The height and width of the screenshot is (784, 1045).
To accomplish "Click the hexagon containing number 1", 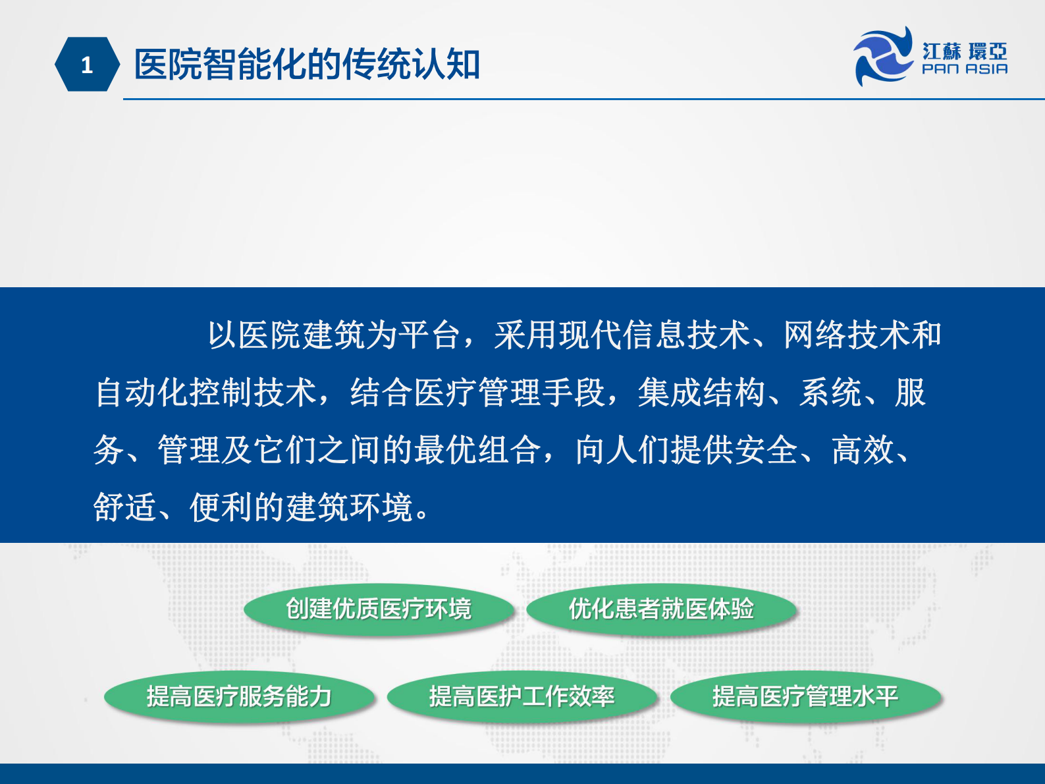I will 87,65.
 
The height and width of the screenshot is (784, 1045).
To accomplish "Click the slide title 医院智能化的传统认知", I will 307,65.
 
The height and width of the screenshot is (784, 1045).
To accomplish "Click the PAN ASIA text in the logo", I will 965,69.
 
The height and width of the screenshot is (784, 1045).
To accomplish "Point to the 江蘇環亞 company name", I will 965,51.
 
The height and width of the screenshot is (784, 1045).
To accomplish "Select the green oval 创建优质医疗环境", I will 379,609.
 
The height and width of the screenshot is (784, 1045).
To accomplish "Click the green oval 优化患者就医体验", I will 661,609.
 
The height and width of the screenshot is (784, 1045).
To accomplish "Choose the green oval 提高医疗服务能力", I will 239,696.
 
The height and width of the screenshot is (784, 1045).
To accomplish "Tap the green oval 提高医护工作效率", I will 522,696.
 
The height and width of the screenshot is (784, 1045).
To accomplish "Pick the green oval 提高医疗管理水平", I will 805,696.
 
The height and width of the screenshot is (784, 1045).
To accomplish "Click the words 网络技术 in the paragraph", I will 846,335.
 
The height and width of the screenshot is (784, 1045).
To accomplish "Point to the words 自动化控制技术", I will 206,393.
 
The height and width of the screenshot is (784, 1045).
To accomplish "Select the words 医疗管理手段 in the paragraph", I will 509,393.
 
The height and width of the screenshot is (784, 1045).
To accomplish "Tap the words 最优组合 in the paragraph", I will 477,451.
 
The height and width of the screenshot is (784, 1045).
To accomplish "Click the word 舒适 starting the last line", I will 125,508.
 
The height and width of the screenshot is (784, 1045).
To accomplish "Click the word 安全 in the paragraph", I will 766,451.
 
